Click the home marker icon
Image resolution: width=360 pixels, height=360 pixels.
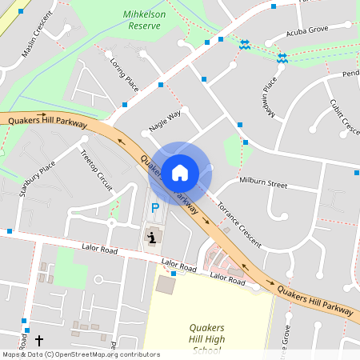(179, 172)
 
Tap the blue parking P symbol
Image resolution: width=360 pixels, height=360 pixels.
(155, 208)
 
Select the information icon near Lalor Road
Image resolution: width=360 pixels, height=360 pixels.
(152, 237)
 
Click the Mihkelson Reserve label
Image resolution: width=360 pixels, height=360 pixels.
(145, 20)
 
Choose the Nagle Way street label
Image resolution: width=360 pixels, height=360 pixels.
(165, 118)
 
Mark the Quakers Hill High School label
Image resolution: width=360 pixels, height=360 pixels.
(206, 338)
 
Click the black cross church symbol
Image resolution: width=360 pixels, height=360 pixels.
(39, 340)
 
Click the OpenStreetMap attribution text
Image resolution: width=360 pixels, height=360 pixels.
(80, 354)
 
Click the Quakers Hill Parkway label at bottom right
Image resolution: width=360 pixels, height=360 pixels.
(316, 298)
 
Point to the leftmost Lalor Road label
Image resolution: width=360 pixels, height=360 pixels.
(99, 250)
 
